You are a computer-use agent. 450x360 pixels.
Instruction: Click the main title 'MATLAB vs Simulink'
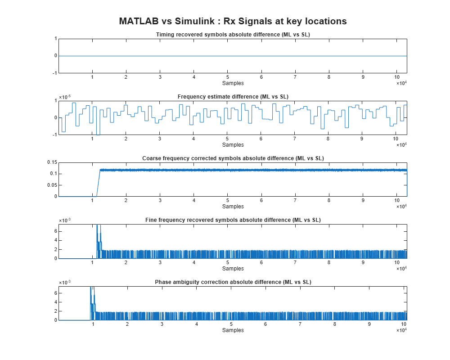[233, 21]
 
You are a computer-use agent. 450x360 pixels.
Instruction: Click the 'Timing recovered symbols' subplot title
[233, 35]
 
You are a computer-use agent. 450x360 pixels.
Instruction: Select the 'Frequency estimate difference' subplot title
[233, 96]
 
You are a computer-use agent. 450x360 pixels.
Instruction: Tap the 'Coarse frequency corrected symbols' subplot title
[233, 158]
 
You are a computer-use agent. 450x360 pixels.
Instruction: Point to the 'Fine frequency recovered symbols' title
[233, 220]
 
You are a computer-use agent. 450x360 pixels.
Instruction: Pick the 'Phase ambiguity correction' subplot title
[233, 282]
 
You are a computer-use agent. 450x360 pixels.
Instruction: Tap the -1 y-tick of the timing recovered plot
[54, 73]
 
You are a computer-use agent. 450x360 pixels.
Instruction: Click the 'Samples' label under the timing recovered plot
[233, 83]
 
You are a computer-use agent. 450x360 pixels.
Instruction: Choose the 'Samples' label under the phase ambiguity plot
[233, 330]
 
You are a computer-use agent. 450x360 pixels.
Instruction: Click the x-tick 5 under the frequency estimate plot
[227, 139]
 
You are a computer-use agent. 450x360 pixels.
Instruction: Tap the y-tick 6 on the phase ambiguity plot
[55, 293]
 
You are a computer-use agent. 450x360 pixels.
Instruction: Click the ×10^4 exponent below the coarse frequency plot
[401, 207]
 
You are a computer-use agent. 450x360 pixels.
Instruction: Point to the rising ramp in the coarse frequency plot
[97, 183]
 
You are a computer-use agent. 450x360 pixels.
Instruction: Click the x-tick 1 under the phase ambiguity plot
[93, 324]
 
